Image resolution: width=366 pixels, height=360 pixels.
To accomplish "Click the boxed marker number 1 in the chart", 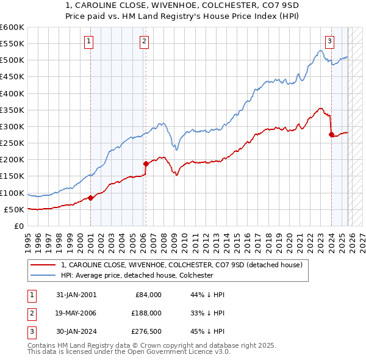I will click(89, 41).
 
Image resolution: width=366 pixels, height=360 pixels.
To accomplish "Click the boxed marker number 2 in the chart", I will click(144, 41).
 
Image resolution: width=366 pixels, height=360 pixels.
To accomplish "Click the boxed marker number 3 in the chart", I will click(329, 41).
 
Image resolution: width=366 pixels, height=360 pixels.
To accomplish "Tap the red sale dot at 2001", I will click(90, 198).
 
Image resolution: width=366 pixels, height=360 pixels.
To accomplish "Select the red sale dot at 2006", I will click(146, 164).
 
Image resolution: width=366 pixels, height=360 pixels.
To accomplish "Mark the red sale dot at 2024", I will click(331, 135).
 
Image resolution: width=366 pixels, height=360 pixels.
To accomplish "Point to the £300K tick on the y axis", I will click(13, 126).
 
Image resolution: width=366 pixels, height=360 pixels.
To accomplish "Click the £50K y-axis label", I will click(15, 209).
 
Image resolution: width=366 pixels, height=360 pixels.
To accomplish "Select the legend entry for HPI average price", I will click(137, 275).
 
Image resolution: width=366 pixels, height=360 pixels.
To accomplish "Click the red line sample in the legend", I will click(43, 265).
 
